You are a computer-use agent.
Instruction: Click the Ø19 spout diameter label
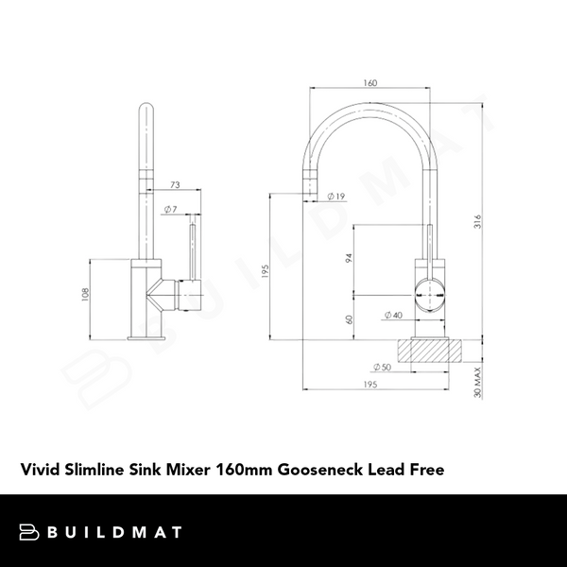point(336,197)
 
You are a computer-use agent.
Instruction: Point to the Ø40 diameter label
point(392,315)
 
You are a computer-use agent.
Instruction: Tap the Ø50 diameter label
point(382,367)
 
